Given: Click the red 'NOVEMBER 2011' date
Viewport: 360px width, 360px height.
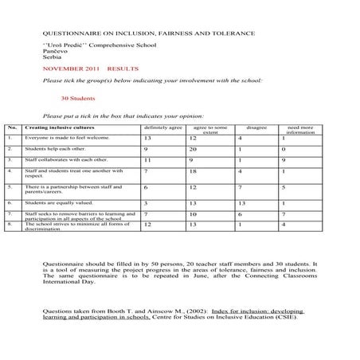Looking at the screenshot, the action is coord(65,69).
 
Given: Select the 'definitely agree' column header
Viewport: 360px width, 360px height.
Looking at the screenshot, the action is coord(162,127).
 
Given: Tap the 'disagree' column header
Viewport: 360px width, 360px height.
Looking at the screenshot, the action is coord(257,127).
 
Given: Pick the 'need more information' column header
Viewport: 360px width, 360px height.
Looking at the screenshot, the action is coord(300,130).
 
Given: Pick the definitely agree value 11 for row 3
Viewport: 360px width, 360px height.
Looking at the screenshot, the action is coord(147,160).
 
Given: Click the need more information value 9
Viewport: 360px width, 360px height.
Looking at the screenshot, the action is coord(284,160).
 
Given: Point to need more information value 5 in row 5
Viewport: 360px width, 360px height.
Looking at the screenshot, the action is coord(284,188).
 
